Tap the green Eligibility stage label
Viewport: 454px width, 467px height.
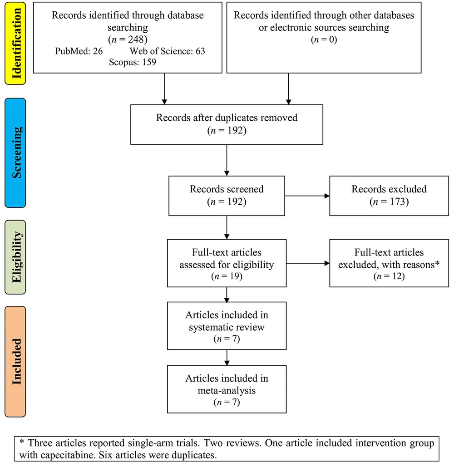point(15,257)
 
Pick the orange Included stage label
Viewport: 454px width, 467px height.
point(15,361)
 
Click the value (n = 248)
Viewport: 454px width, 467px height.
point(128,39)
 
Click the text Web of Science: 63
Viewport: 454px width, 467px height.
point(168,51)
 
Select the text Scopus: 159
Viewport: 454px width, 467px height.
point(132,62)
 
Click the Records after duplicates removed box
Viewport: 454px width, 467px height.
point(227,124)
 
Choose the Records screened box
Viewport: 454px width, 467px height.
point(227,195)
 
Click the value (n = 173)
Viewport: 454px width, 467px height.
point(389,201)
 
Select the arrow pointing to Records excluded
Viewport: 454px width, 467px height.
point(307,196)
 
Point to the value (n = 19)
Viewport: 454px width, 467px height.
point(227,275)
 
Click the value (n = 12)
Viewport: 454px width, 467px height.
point(389,275)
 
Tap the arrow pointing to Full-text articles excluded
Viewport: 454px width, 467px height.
point(307,263)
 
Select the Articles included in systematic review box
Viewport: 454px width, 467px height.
point(227,325)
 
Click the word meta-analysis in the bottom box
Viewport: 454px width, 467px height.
point(227,390)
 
